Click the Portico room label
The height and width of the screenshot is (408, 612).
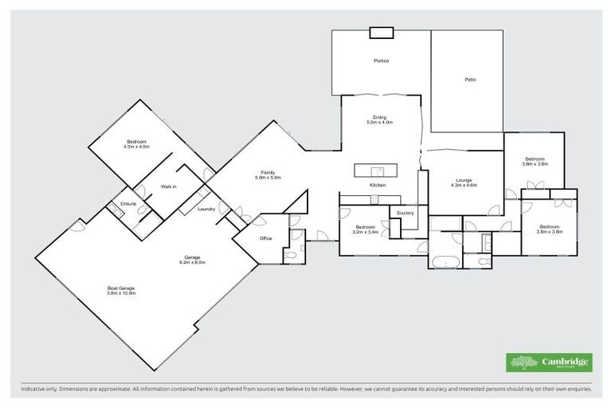(x=381, y=61)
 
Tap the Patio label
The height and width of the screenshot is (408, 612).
(x=471, y=80)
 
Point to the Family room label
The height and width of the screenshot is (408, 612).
(x=268, y=175)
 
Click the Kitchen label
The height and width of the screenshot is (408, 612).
(x=377, y=185)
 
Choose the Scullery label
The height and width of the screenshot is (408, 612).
(x=405, y=213)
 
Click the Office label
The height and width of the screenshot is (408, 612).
(x=266, y=237)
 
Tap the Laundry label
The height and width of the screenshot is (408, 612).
(x=206, y=209)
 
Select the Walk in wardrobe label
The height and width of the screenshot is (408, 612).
(x=168, y=186)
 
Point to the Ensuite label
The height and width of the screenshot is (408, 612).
(x=129, y=204)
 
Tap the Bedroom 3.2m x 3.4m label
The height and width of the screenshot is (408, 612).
(x=366, y=229)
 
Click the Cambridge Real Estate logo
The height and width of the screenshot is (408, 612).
(x=549, y=362)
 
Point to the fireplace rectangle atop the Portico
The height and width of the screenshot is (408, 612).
(x=381, y=33)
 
